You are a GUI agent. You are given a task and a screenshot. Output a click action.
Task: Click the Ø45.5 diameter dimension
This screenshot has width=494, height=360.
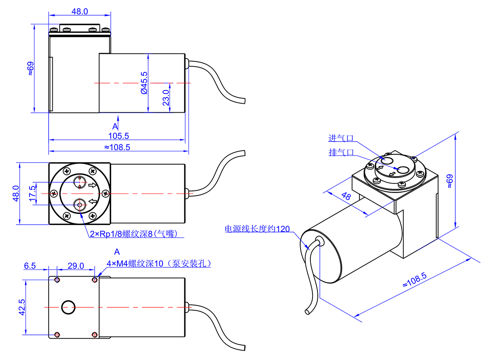144,83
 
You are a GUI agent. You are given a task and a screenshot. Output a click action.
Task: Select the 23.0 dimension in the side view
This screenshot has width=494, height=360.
166,98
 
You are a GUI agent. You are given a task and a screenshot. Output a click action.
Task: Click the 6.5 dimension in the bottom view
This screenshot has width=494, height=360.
30,266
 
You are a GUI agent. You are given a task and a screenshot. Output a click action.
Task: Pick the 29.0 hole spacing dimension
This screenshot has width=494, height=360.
75,266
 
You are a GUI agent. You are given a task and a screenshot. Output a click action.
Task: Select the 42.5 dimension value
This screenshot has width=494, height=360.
22,307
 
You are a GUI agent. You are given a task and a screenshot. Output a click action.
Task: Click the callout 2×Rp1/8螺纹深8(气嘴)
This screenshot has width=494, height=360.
136,234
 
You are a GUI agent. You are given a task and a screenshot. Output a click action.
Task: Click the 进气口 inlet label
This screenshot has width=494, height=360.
341,138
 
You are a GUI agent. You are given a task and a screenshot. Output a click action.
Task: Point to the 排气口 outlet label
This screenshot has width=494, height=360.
341,152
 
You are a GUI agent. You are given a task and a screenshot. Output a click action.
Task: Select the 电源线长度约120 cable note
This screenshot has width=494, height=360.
257,229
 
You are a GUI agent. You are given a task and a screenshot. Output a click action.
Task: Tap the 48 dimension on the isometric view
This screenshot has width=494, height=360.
346,197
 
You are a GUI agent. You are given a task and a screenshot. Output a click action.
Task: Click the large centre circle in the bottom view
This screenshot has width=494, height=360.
68,307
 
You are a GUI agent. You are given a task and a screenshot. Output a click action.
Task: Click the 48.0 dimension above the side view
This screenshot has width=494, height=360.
80,12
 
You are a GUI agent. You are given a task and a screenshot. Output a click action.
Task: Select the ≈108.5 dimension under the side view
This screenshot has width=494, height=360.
117,147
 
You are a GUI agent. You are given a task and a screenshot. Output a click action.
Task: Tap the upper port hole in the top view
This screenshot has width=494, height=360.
79,181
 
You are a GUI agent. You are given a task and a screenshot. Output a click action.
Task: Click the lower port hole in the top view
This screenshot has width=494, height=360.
79,203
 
